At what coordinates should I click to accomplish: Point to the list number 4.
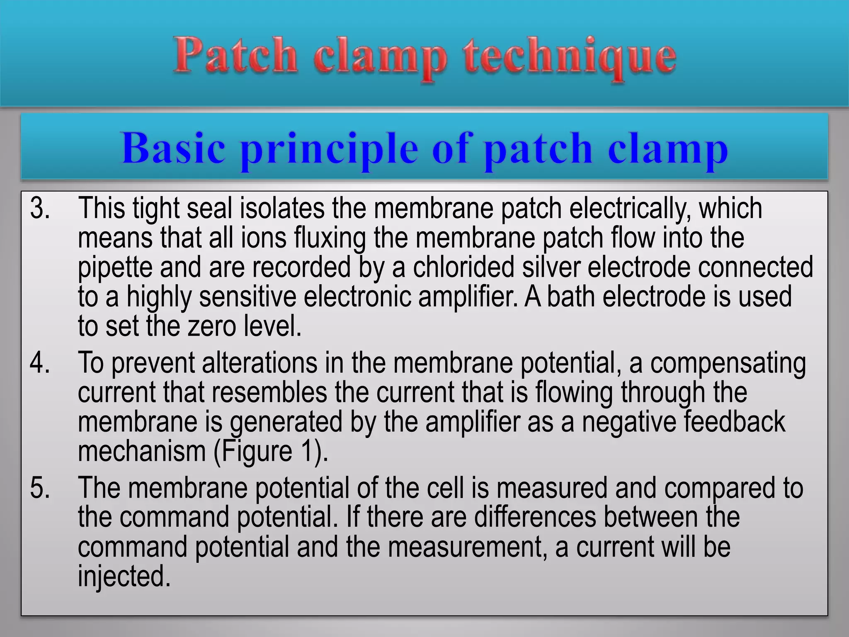coord(40,363)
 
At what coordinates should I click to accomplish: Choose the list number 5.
coord(40,488)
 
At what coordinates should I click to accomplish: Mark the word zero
coord(212,326)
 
